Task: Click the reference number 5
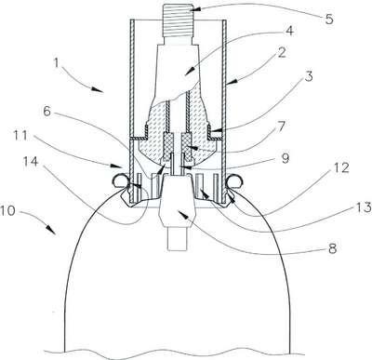click(329, 20)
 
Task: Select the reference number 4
click(289, 31)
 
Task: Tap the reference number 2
click(282, 53)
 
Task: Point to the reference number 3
click(309, 76)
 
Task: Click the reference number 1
click(56, 63)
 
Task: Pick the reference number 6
click(46, 112)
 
